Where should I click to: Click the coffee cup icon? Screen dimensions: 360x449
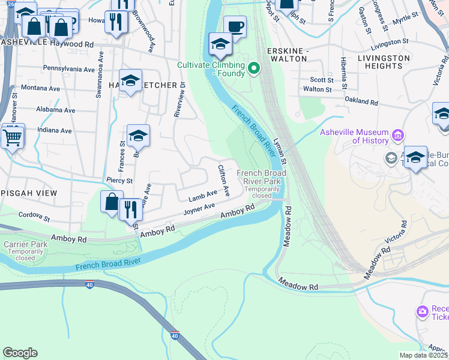point(235,26)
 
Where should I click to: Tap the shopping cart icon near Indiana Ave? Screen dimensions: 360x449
point(12,137)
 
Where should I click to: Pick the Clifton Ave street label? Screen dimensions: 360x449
point(223,181)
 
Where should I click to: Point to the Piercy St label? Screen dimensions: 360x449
point(119,180)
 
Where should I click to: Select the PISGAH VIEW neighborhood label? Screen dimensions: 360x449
point(28,193)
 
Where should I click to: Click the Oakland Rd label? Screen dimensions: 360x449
point(360,103)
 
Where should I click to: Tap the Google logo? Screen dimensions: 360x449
point(20,353)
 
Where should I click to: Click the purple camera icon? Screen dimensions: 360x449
point(422,311)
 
